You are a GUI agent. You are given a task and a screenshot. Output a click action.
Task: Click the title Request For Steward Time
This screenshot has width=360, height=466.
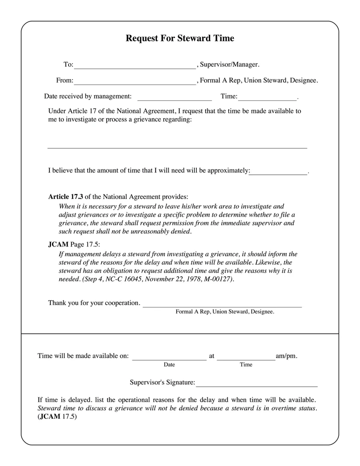180,38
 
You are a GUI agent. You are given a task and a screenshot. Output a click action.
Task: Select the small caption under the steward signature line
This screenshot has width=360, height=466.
225,312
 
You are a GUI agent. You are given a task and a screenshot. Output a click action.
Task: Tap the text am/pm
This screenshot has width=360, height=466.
287,356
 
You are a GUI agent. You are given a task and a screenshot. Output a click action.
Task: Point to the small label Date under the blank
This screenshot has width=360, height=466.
169,365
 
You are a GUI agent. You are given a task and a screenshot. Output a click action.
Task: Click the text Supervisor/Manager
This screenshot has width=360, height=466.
229,64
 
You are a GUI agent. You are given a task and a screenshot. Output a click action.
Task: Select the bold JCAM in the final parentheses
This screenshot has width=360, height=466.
50,417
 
